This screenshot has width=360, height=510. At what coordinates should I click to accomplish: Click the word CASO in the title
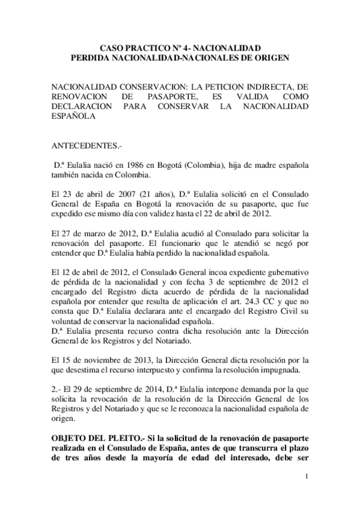pos(111,46)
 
